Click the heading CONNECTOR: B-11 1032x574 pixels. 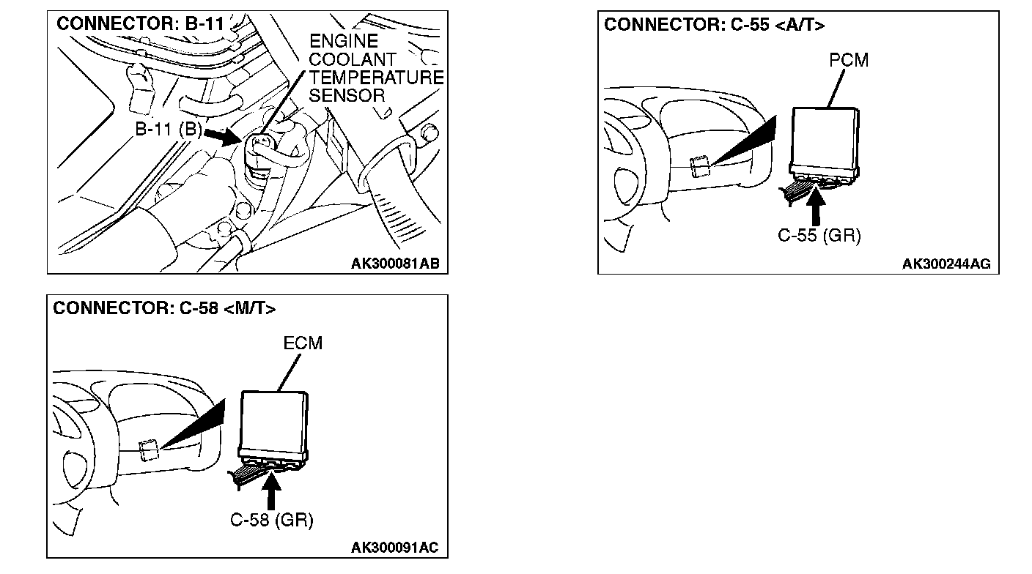tap(140, 23)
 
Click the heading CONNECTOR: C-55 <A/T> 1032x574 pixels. tap(714, 25)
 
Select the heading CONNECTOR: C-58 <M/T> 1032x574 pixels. tap(164, 308)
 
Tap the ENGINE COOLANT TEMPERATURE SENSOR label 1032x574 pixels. tap(376, 68)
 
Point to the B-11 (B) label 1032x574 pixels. tap(168, 130)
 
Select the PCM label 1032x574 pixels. tap(849, 61)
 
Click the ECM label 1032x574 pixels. tap(303, 343)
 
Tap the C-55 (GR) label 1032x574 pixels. tap(819, 236)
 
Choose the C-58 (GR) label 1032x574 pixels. tap(271, 521)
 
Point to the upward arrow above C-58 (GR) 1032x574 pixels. tap(272, 491)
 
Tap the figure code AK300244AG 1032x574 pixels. tap(946, 264)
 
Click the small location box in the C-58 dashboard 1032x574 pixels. tap(150, 450)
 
